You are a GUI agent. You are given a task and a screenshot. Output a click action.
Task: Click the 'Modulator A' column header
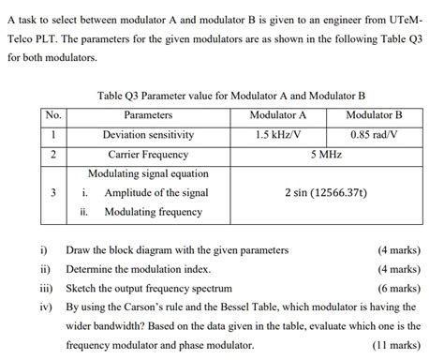[278, 115]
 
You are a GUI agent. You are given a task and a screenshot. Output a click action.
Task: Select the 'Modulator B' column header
[374, 115]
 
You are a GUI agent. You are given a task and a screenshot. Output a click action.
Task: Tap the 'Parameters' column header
[148, 115]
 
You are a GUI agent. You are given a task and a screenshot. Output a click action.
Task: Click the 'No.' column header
[53, 115]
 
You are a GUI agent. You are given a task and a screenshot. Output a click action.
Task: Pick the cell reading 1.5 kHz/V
[278, 135]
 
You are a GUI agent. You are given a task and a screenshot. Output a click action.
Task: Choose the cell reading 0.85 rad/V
[375, 135]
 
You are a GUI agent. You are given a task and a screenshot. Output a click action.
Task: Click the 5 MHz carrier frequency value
[325, 155]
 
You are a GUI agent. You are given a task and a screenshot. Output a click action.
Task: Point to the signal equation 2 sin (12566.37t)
[326, 193]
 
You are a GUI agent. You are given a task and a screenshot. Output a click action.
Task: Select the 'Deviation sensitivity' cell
[148, 135]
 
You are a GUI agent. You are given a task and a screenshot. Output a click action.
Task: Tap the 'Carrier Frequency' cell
[148, 155]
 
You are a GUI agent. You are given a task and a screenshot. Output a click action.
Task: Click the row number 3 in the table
[53, 193]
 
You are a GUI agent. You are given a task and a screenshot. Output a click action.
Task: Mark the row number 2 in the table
[53, 155]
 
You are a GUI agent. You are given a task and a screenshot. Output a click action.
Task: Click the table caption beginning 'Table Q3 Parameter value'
[230, 96]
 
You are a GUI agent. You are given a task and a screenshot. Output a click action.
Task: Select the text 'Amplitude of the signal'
[156, 193]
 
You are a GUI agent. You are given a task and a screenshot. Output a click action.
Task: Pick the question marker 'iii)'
[46, 289]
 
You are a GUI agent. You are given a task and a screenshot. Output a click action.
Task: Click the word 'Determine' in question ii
[91, 270]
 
